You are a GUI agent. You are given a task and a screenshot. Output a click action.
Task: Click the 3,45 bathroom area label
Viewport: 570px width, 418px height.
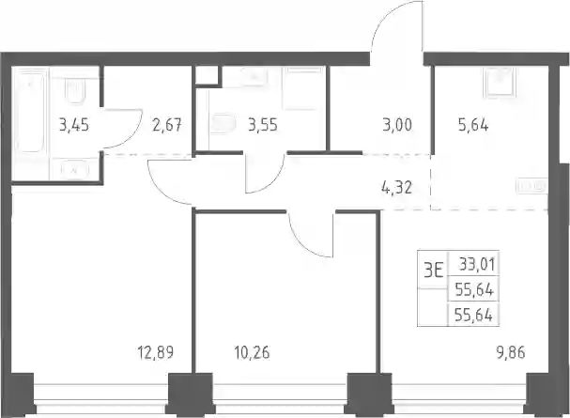click(74, 125)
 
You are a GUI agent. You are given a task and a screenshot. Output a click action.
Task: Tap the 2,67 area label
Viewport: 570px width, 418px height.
click(167, 125)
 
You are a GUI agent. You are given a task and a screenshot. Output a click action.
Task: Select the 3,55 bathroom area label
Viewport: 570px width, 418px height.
click(263, 125)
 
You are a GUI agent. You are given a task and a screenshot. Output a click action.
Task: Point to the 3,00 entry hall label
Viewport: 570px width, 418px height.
click(397, 125)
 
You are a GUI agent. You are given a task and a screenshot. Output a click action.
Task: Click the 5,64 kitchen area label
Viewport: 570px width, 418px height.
click(473, 125)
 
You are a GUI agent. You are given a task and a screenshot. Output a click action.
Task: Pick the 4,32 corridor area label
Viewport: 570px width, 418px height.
click(397, 188)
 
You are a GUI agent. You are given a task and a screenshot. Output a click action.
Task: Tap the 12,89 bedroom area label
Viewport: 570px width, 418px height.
click(156, 352)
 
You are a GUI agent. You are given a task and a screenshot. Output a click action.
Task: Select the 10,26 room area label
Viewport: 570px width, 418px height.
click(253, 352)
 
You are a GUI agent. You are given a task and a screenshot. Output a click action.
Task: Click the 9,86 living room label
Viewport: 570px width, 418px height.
click(511, 352)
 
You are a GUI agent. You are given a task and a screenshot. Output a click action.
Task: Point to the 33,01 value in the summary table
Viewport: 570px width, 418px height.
click(477, 264)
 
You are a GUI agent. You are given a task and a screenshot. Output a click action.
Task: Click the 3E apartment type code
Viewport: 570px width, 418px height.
click(434, 271)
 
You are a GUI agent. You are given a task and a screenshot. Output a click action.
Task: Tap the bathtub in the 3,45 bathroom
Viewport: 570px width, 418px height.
click(31, 111)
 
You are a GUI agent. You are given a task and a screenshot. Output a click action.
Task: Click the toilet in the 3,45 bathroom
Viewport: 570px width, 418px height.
click(75, 90)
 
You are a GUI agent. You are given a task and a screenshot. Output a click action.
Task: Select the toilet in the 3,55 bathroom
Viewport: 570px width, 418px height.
click(223, 124)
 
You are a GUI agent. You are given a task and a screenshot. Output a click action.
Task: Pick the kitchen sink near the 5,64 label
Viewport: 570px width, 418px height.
click(501, 83)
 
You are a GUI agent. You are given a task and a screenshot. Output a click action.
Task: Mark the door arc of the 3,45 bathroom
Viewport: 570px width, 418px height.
click(131, 136)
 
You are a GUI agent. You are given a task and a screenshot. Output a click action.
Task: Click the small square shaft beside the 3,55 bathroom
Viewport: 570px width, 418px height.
click(207, 75)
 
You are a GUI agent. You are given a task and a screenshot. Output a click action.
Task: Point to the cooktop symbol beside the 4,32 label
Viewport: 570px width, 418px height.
click(531, 186)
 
